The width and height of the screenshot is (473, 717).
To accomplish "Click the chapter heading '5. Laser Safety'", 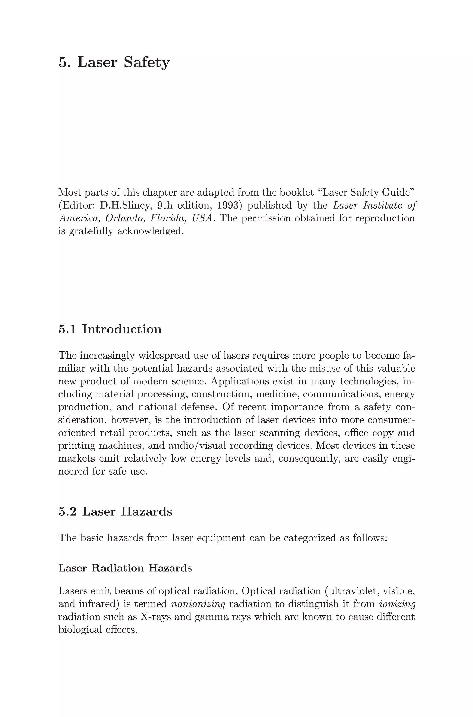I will [x=114, y=62].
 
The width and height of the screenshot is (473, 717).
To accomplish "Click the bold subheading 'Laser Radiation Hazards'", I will [x=125, y=568].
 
